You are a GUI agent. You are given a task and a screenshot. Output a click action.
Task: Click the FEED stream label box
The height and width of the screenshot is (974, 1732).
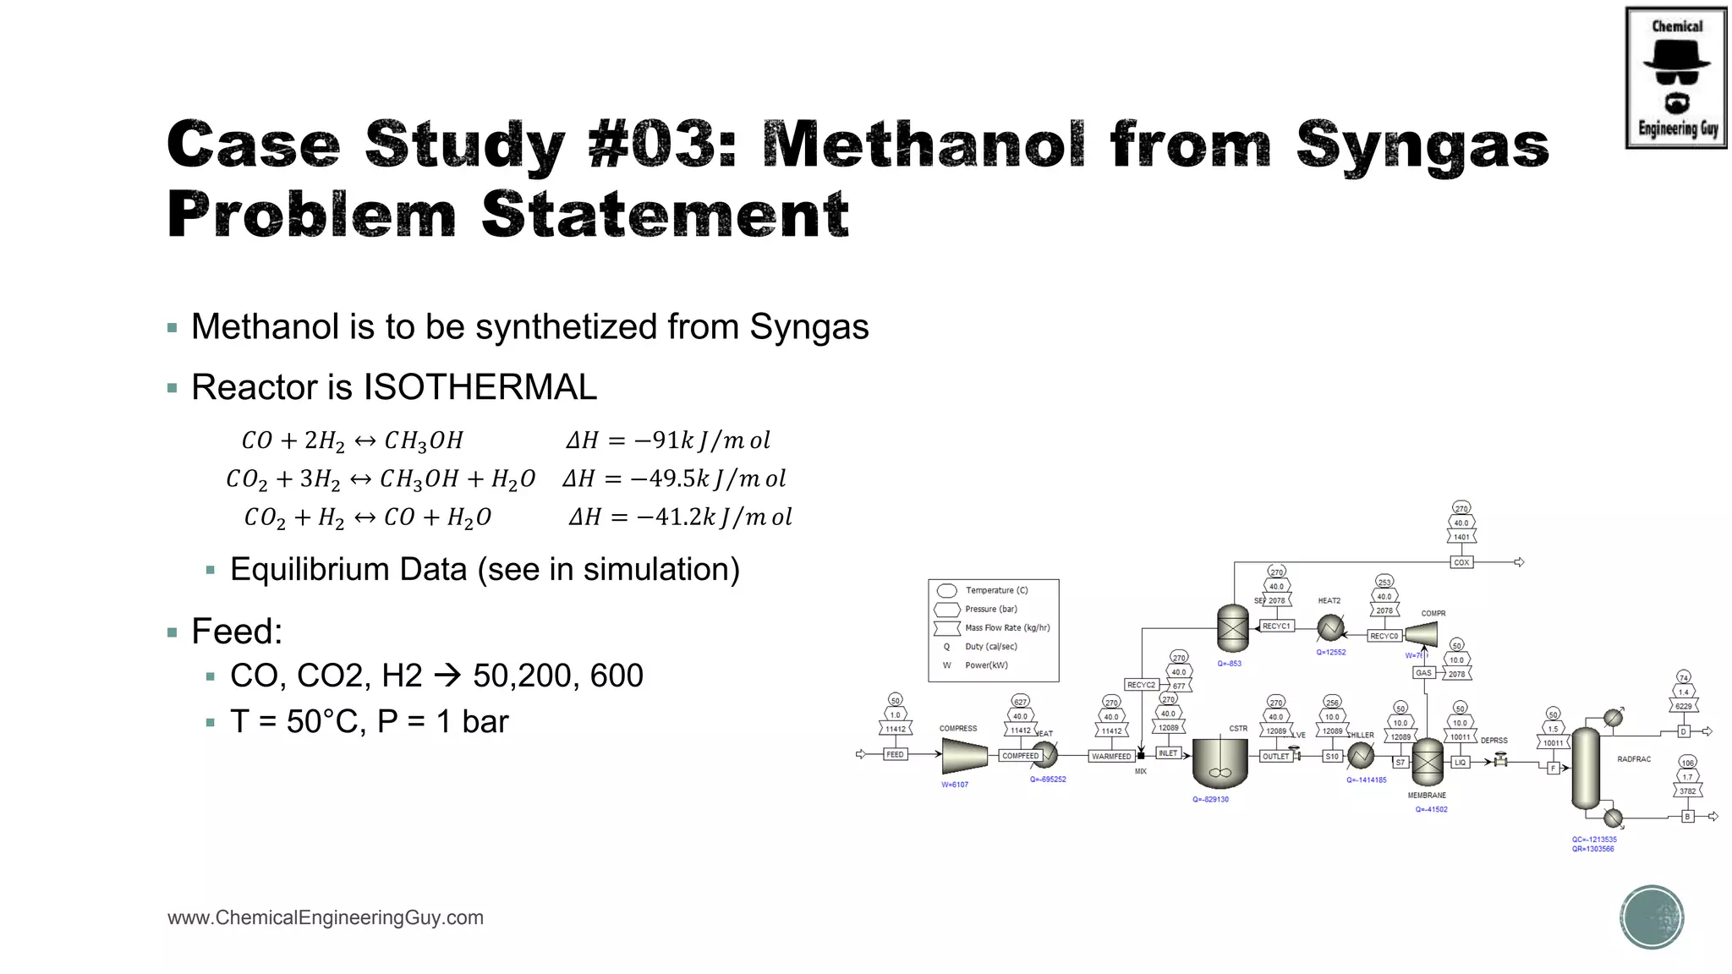(895, 754)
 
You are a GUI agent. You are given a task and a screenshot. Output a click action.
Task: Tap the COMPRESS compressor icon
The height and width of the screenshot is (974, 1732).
(964, 755)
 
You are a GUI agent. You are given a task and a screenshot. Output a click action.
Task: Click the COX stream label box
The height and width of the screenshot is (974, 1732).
(1461, 562)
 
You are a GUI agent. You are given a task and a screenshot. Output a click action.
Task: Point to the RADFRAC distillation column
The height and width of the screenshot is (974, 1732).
(1585, 768)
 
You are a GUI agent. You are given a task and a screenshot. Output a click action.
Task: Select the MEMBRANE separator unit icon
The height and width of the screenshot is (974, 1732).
(1428, 762)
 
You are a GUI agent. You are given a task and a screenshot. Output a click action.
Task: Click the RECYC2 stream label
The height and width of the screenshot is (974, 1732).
(1141, 685)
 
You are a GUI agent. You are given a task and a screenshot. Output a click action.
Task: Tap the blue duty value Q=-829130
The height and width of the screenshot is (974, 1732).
(1210, 799)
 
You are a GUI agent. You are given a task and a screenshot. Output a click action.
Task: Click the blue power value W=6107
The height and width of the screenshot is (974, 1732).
(955, 785)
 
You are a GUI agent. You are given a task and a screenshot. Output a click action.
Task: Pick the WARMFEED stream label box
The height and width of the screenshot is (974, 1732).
(1110, 756)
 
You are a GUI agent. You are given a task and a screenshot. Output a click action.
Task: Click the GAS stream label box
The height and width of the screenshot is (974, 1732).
(1423, 673)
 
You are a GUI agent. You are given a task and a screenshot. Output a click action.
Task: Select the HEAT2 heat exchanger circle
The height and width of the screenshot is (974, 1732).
(1330, 627)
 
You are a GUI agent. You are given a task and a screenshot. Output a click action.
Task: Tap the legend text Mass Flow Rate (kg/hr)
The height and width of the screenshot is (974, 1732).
(1006, 628)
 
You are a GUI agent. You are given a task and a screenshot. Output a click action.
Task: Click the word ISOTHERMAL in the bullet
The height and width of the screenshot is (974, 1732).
(480, 387)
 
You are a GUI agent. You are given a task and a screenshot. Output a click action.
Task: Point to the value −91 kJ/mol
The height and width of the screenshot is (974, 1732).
(668, 440)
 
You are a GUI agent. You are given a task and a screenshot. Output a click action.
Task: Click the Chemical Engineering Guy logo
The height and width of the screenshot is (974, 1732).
(1676, 78)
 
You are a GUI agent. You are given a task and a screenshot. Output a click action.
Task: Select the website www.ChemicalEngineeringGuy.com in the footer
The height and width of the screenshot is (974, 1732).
(326, 917)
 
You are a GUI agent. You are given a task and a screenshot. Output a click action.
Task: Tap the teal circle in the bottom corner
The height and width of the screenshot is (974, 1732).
(1652, 917)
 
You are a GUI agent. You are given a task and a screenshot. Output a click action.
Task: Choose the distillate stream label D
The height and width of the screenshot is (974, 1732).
(1683, 731)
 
